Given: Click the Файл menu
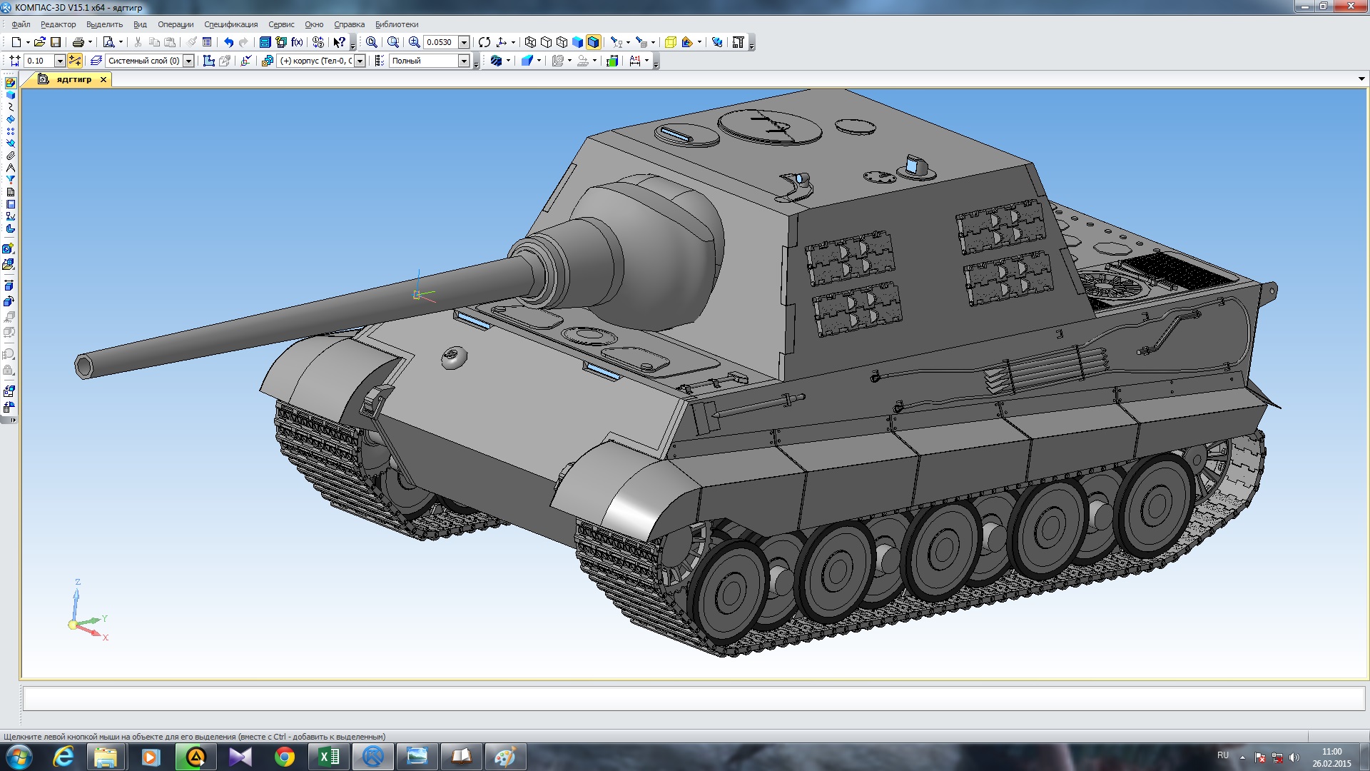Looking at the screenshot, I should tap(21, 24).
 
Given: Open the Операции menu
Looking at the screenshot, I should tap(176, 24).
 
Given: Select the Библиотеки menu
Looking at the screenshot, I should tap(397, 24).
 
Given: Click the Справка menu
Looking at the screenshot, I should tap(349, 24).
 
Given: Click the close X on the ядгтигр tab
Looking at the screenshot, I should tap(103, 80).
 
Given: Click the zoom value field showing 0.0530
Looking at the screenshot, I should tap(440, 42).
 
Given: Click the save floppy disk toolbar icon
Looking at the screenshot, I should tap(56, 42).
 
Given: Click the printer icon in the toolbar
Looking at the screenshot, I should tap(78, 42).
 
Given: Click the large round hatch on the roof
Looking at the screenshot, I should tap(769, 126).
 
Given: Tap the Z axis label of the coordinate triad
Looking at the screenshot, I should tap(78, 582).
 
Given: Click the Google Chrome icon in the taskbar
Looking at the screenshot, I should tap(285, 757).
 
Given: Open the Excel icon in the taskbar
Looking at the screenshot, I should tap(329, 757).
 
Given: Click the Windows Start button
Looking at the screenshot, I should tap(19, 757).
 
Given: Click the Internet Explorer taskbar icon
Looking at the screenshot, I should tap(64, 757).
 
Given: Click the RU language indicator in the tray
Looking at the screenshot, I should tap(1223, 755).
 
